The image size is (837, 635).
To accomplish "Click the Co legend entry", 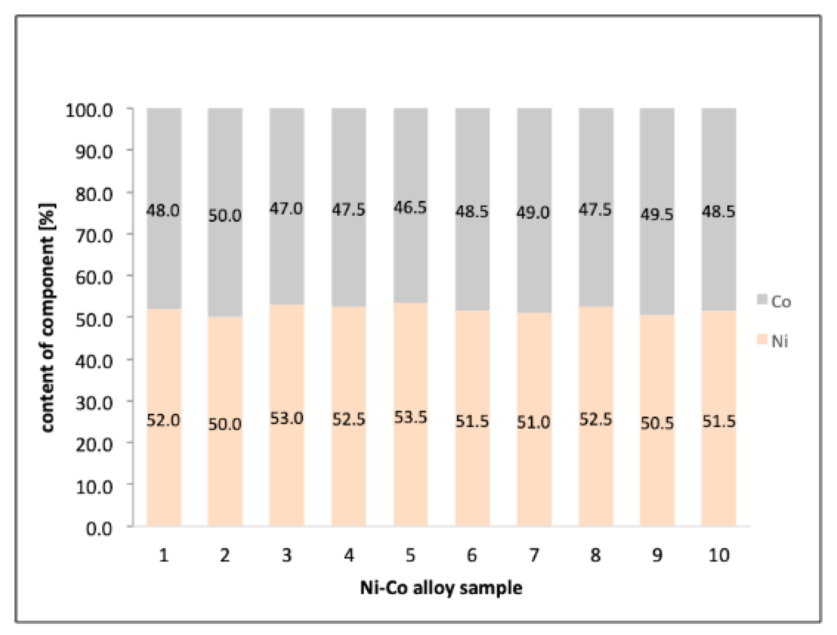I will (x=774, y=301).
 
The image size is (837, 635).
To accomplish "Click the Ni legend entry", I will (x=773, y=340).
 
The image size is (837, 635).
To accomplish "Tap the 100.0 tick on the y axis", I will (x=89, y=110).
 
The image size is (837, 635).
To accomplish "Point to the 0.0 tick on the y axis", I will (x=99, y=528).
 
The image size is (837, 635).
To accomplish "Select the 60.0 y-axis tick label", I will (x=94, y=277).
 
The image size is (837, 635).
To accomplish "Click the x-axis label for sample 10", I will (x=718, y=554).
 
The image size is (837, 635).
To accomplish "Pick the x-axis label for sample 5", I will (x=410, y=554).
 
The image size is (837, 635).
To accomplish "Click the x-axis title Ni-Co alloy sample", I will (x=441, y=588).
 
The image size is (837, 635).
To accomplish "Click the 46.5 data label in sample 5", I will (x=410, y=207).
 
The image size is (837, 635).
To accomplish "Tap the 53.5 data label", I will (x=410, y=417).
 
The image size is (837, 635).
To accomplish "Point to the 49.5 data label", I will (x=657, y=214).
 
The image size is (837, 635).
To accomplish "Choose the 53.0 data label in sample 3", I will (x=287, y=418).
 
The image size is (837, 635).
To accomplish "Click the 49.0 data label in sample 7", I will (x=533, y=212).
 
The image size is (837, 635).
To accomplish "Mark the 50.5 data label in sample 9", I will (x=657, y=423).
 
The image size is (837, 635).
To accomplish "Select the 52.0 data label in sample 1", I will (x=163, y=420).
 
